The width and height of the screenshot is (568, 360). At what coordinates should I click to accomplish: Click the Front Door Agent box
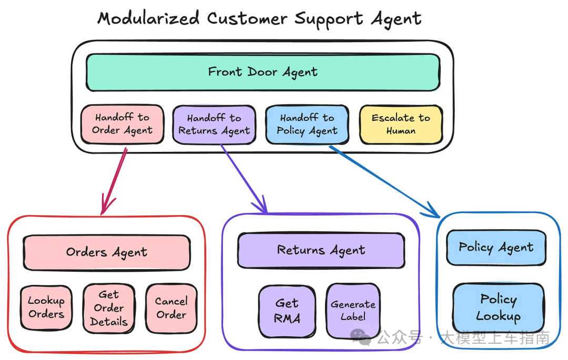pos(263,73)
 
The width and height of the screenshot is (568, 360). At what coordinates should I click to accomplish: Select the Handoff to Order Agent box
pos(123,124)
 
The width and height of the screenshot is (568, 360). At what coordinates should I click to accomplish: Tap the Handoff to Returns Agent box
pos(214,125)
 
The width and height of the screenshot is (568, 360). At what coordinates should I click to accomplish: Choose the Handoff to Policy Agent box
pos(307,125)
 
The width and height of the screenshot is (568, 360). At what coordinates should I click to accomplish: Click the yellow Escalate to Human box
pos(401,125)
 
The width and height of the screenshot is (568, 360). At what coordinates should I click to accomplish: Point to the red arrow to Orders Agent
pos(114,181)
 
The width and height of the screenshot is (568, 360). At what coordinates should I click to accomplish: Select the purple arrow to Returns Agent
pos(244,179)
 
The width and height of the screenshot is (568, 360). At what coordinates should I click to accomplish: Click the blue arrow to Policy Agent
pos(384,182)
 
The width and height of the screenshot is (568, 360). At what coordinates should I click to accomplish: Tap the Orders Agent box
pos(107,253)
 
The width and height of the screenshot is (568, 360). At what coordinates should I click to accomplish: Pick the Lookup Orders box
pos(46,307)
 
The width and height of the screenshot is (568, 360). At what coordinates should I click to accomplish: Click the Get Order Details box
pos(109,308)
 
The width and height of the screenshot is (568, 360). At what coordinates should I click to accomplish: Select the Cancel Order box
pos(171,308)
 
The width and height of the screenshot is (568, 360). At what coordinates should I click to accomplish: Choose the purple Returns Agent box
pos(321,250)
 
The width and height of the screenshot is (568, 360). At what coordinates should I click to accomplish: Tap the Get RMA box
pos(287,311)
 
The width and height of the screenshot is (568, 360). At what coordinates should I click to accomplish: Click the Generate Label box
pos(353,311)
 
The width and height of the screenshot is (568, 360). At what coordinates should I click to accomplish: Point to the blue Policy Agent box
pos(496,248)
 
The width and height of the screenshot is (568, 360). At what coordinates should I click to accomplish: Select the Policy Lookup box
pos(499,308)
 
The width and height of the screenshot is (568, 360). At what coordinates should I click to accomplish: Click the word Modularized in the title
pos(148,18)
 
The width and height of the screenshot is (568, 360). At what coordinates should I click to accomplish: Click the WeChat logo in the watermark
pos(361,337)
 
